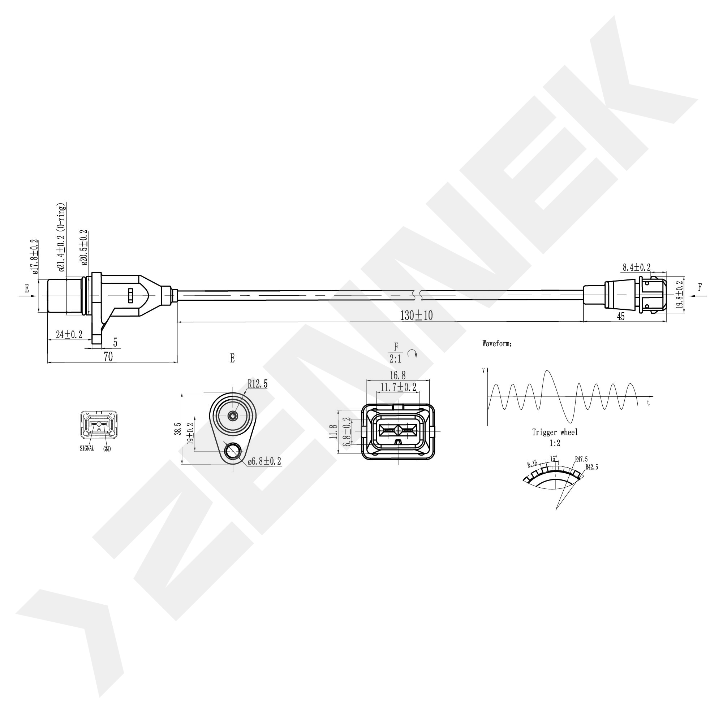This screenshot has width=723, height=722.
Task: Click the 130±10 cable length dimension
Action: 416,316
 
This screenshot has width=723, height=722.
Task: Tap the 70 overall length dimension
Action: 108,357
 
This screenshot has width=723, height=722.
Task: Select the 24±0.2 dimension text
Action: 69,334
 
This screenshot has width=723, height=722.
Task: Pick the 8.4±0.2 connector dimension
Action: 636,268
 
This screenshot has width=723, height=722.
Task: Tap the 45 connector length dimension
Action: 620,317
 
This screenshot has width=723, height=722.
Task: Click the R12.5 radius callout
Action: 258,384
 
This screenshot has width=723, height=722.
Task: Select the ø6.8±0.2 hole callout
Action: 264,461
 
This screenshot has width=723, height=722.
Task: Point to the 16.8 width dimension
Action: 397,375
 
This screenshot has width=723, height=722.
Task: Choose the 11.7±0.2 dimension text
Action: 398,387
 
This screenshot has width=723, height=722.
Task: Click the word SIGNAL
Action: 87,448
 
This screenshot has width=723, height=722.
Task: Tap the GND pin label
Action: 107,449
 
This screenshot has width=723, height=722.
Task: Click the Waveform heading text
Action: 496,344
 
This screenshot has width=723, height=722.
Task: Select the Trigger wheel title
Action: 555,432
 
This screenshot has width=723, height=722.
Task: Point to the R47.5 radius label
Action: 581,460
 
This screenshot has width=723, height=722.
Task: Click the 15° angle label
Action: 554,458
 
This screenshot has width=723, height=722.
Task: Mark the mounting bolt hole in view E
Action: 233,451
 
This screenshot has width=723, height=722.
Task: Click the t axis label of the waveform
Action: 648,403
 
